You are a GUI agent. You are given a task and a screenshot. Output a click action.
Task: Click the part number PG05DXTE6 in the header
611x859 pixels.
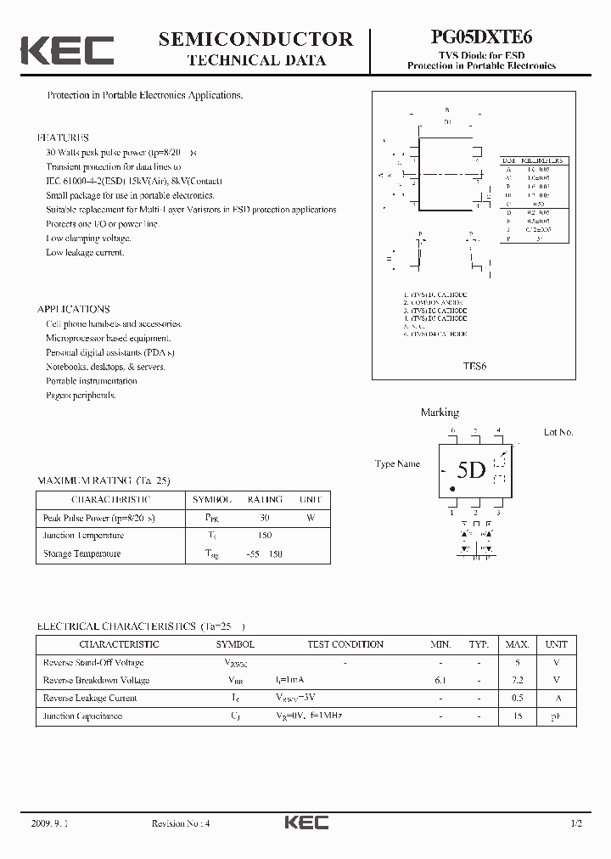point(481,39)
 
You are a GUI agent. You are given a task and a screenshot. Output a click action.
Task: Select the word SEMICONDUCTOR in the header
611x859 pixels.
point(255,39)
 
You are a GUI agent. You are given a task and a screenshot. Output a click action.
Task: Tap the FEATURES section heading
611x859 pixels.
point(63,138)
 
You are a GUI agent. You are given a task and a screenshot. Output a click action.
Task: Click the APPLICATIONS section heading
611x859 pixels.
point(74,309)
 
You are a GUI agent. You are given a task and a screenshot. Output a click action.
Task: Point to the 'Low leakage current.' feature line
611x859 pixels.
point(85,252)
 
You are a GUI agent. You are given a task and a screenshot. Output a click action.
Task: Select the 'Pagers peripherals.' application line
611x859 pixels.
point(81,396)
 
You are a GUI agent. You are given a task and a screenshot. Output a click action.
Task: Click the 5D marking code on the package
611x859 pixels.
point(471,470)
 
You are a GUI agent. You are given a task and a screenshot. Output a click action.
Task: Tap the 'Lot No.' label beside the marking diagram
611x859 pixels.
point(558,432)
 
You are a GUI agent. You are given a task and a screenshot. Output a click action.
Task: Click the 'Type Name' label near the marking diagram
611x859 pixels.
point(397,464)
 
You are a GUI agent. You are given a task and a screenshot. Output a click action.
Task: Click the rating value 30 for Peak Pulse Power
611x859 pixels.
point(265,518)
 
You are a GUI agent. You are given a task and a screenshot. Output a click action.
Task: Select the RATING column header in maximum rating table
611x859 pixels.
point(265,500)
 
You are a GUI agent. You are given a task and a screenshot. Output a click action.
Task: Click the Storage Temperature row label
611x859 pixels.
point(82,553)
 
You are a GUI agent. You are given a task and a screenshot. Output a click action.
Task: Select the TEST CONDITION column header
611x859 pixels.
point(345,644)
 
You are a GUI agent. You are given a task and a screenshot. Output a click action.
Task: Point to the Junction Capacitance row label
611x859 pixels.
point(82,716)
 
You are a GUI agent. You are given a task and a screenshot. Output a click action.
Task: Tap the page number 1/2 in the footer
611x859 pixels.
point(576,823)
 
